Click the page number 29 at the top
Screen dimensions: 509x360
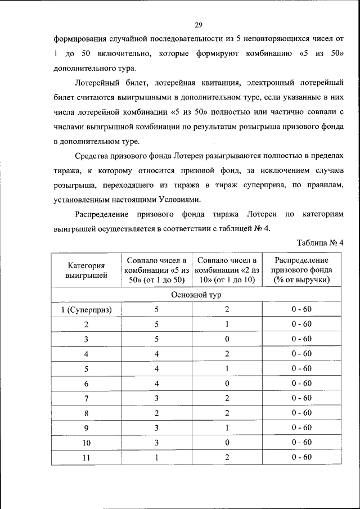[x=198, y=24]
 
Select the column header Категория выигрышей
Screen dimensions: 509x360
[x=86, y=270]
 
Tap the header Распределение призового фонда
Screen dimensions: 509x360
[x=301, y=270]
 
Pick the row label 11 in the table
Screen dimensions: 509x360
[x=86, y=457]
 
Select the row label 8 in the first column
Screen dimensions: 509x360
[x=86, y=413]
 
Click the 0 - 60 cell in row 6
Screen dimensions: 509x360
[x=301, y=384]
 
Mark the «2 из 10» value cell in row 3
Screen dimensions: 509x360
[x=227, y=339]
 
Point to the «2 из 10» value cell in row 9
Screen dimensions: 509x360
[x=227, y=427]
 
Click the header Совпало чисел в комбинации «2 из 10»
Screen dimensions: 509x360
[x=227, y=270]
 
